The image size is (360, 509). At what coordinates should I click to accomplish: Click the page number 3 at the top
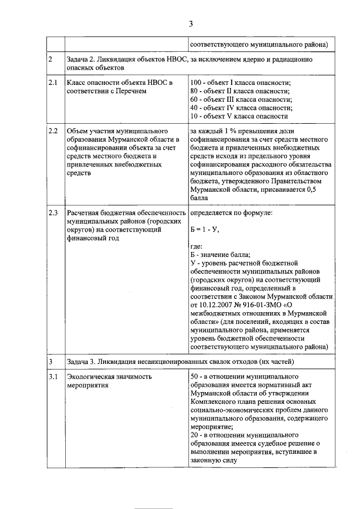[x=191, y=23]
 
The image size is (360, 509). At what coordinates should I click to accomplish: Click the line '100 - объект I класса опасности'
[x=240, y=83]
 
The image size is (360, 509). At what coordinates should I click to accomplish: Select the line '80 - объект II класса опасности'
[x=240, y=91]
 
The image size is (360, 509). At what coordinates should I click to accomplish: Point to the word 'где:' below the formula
[x=196, y=246]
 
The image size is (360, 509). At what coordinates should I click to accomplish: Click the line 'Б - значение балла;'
[x=220, y=254]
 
